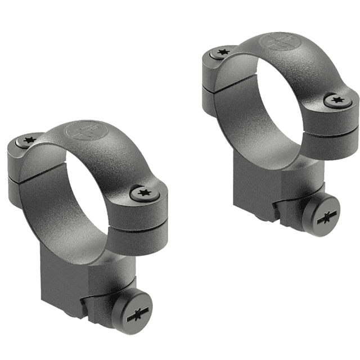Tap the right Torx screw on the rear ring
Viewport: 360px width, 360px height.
337,101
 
